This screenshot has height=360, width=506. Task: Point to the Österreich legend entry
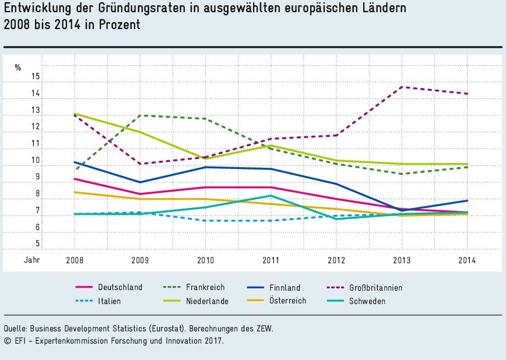pyautogui.click(x=287, y=301)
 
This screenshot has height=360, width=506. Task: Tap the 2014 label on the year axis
pyautogui.click(x=468, y=260)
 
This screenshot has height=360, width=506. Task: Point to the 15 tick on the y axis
pyautogui.click(x=36, y=76)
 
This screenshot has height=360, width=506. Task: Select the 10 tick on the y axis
pyautogui.click(x=36, y=160)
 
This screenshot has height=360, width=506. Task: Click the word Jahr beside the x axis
pyautogui.click(x=32, y=260)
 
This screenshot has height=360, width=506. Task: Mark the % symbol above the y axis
pyautogui.click(x=18, y=68)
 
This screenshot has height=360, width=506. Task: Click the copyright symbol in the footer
pyautogui.click(x=7, y=341)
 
